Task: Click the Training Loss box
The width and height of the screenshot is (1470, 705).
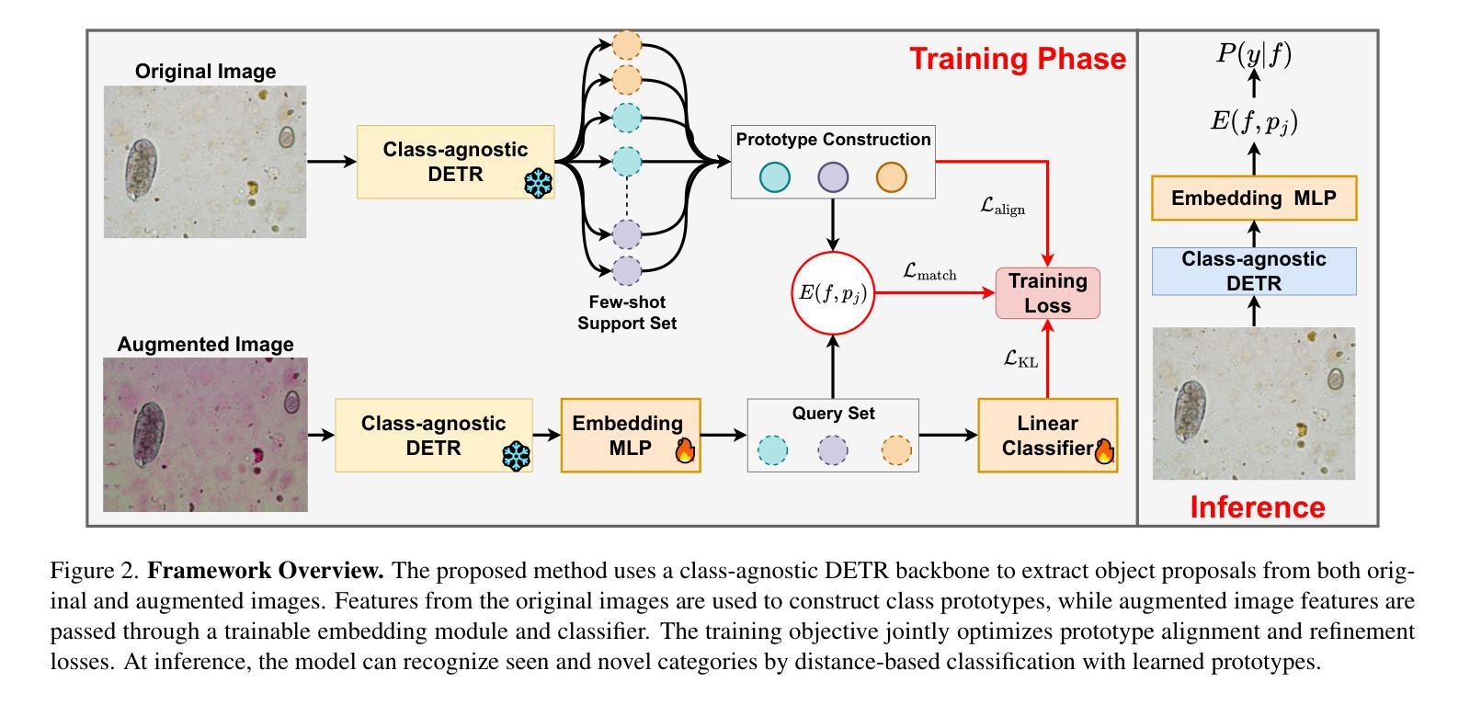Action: pos(1047,293)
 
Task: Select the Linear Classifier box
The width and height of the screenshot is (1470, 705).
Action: pos(1047,435)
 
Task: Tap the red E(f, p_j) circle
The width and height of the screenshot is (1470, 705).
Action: pos(833,293)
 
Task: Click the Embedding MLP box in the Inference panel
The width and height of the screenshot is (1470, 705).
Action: pos(1254,198)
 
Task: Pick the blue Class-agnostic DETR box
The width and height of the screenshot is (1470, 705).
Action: pos(1254,271)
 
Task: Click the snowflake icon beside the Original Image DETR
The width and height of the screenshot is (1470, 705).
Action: pos(538,184)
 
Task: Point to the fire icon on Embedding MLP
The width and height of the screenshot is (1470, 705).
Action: pos(685,450)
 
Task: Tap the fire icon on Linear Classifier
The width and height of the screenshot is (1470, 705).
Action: pos(1104,451)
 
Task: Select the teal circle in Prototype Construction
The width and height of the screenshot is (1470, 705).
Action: pos(774,177)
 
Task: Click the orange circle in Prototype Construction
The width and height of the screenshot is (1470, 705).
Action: pos(891,177)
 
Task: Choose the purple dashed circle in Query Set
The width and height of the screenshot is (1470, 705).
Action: pos(833,450)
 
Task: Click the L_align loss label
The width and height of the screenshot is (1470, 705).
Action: pos(1002,207)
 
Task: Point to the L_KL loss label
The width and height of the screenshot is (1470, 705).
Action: pos(1020,359)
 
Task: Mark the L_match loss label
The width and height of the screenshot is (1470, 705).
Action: pos(929,272)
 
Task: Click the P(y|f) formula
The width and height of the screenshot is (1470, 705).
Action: pos(1254,54)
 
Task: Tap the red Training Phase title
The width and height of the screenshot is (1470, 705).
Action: pos(1018,59)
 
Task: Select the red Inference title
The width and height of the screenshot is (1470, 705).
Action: pos(1258,507)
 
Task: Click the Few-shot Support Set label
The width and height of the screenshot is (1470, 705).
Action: pos(627,313)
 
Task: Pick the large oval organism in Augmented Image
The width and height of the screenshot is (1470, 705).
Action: pos(148,435)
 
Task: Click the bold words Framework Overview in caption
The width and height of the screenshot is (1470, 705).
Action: pos(265,571)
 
